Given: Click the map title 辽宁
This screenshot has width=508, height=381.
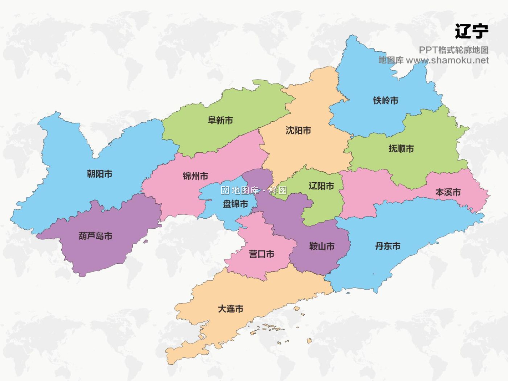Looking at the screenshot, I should pos(471,31).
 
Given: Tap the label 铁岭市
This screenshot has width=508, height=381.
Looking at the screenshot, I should pos(385,101).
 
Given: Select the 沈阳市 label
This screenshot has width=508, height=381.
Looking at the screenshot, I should pos(298,130).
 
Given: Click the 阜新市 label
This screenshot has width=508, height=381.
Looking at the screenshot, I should pos(220,120).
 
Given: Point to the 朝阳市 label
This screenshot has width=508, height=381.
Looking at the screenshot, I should pos(100,174).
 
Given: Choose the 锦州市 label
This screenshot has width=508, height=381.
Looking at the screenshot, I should pos(195,176).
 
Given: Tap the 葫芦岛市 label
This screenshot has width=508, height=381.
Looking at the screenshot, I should pos(96,236).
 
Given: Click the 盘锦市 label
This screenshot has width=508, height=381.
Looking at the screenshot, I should pos(235,204).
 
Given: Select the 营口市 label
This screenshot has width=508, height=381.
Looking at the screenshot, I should pos(261,254).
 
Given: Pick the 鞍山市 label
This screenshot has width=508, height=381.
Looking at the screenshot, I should pos(322,246).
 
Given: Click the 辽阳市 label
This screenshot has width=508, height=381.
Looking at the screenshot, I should pos(321,186).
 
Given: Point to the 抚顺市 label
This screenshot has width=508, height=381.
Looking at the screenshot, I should pos(401,149).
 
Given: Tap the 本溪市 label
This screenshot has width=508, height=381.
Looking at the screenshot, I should pos(448,192).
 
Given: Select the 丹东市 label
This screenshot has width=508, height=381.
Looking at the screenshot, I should pos(388,246).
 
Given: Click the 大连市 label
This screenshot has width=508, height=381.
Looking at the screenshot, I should pos(230,309).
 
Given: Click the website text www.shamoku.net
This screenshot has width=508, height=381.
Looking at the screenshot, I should pos(447,60).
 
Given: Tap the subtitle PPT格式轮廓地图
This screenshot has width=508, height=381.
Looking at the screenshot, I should pos(453,50).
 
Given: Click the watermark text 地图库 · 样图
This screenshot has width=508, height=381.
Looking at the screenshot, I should pos(254,191).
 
